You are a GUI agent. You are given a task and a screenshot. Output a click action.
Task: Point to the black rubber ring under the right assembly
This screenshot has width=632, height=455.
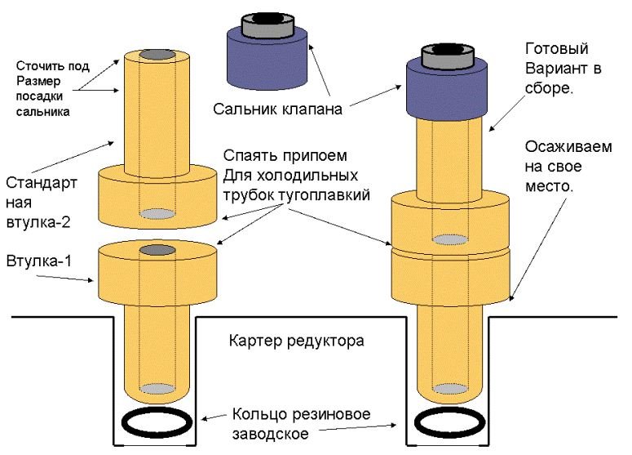pyautogui.click(x=450, y=426)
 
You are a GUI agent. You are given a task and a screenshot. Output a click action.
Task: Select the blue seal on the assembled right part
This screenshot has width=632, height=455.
pyautogui.click(x=447, y=91)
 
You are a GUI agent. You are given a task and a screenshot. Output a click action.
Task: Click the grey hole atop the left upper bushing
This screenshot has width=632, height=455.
pyautogui.click(x=157, y=56)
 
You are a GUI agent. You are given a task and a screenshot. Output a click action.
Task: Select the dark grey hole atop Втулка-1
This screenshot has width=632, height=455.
pyautogui.click(x=157, y=248)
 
